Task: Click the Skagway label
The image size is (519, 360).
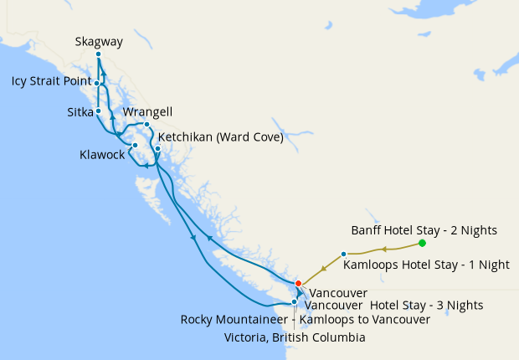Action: tap(99, 40)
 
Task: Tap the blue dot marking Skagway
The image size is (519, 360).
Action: tap(99, 54)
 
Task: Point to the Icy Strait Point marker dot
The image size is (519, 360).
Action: tap(97, 83)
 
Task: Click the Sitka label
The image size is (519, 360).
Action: tap(80, 111)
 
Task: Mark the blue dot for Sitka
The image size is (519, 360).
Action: tap(98, 111)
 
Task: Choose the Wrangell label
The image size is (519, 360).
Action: tap(147, 111)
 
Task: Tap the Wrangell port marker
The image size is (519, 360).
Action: tap(146, 125)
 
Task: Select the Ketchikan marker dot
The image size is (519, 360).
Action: tap(157, 149)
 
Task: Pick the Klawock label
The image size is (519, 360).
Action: tap(102, 155)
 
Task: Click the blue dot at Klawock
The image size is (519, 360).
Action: tap(135, 145)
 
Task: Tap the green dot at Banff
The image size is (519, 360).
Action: tap(422, 244)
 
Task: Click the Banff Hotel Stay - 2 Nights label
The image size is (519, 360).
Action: tap(424, 229)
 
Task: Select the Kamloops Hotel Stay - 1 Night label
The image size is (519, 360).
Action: tap(426, 265)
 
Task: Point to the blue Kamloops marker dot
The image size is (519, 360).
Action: tap(344, 254)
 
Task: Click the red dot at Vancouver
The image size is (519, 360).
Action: tap(299, 283)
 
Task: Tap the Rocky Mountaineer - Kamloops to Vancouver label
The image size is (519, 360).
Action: tap(306, 319)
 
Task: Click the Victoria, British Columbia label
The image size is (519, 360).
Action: tap(295, 337)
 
